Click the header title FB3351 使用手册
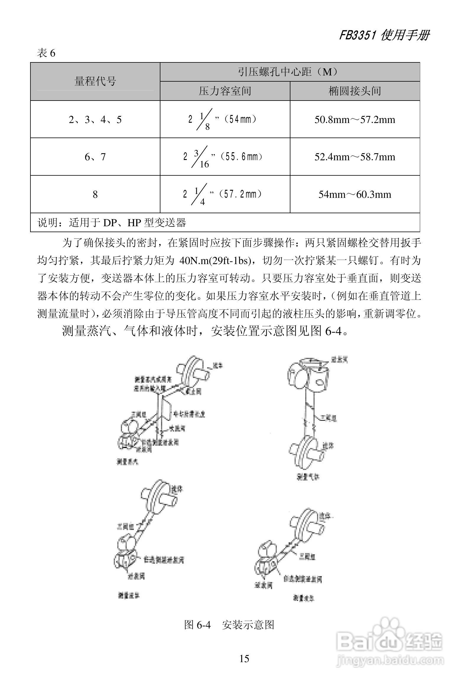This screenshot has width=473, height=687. (384, 35)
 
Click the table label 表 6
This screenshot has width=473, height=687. (46, 54)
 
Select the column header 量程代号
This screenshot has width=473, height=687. (95, 81)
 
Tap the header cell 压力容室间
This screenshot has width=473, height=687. (225, 91)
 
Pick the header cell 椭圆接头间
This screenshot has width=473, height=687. (355, 91)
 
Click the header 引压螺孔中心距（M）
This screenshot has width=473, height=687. (290, 72)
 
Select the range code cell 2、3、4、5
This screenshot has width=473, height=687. (95, 119)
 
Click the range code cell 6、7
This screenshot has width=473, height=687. (95, 157)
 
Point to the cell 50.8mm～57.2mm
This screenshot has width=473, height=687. (355, 119)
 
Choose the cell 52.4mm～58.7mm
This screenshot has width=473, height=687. (355, 157)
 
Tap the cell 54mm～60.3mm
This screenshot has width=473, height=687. (355, 194)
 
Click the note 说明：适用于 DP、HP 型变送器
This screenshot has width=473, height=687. (112, 222)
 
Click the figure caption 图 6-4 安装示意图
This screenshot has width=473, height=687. (229, 625)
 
